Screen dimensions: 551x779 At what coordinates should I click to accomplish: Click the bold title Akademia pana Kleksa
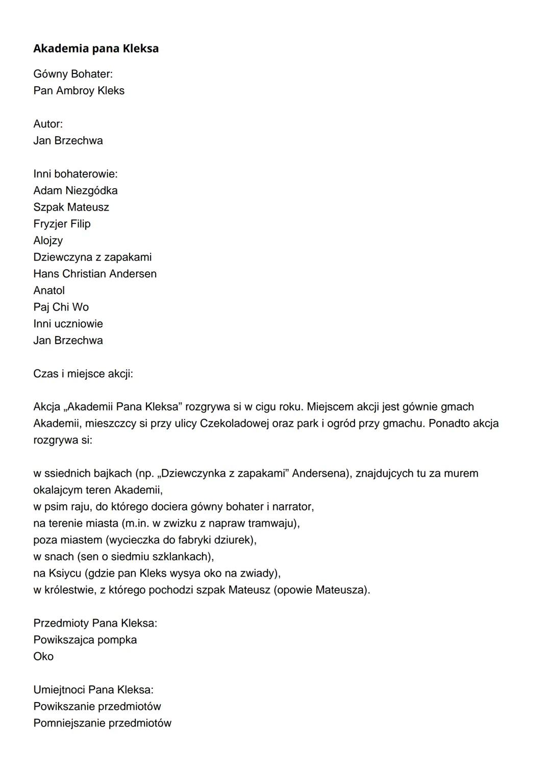tap(96, 48)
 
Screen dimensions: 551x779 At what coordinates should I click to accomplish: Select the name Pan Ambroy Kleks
tap(79, 91)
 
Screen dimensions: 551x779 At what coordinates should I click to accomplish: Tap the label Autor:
tap(48, 124)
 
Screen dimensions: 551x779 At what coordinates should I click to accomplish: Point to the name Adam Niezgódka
tap(76, 191)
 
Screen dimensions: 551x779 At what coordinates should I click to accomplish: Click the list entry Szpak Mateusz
tap(71, 207)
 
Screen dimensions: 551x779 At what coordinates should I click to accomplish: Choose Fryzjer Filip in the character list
tap(62, 224)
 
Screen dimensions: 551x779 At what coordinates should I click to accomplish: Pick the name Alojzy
tap(48, 241)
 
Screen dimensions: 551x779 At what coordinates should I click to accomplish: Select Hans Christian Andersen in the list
tap(95, 274)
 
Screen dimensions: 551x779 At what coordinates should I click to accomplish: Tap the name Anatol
tap(49, 291)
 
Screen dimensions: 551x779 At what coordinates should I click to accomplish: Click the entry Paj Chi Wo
tap(61, 307)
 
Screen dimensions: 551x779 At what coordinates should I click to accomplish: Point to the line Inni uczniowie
tap(68, 324)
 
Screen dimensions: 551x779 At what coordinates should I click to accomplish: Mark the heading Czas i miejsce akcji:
tap(83, 374)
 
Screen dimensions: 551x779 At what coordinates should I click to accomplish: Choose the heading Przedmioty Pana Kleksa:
tap(95, 623)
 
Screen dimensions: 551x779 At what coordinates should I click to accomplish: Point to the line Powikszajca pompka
tap(85, 640)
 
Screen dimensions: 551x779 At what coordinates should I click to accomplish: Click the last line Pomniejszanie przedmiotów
tap(102, 723)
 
